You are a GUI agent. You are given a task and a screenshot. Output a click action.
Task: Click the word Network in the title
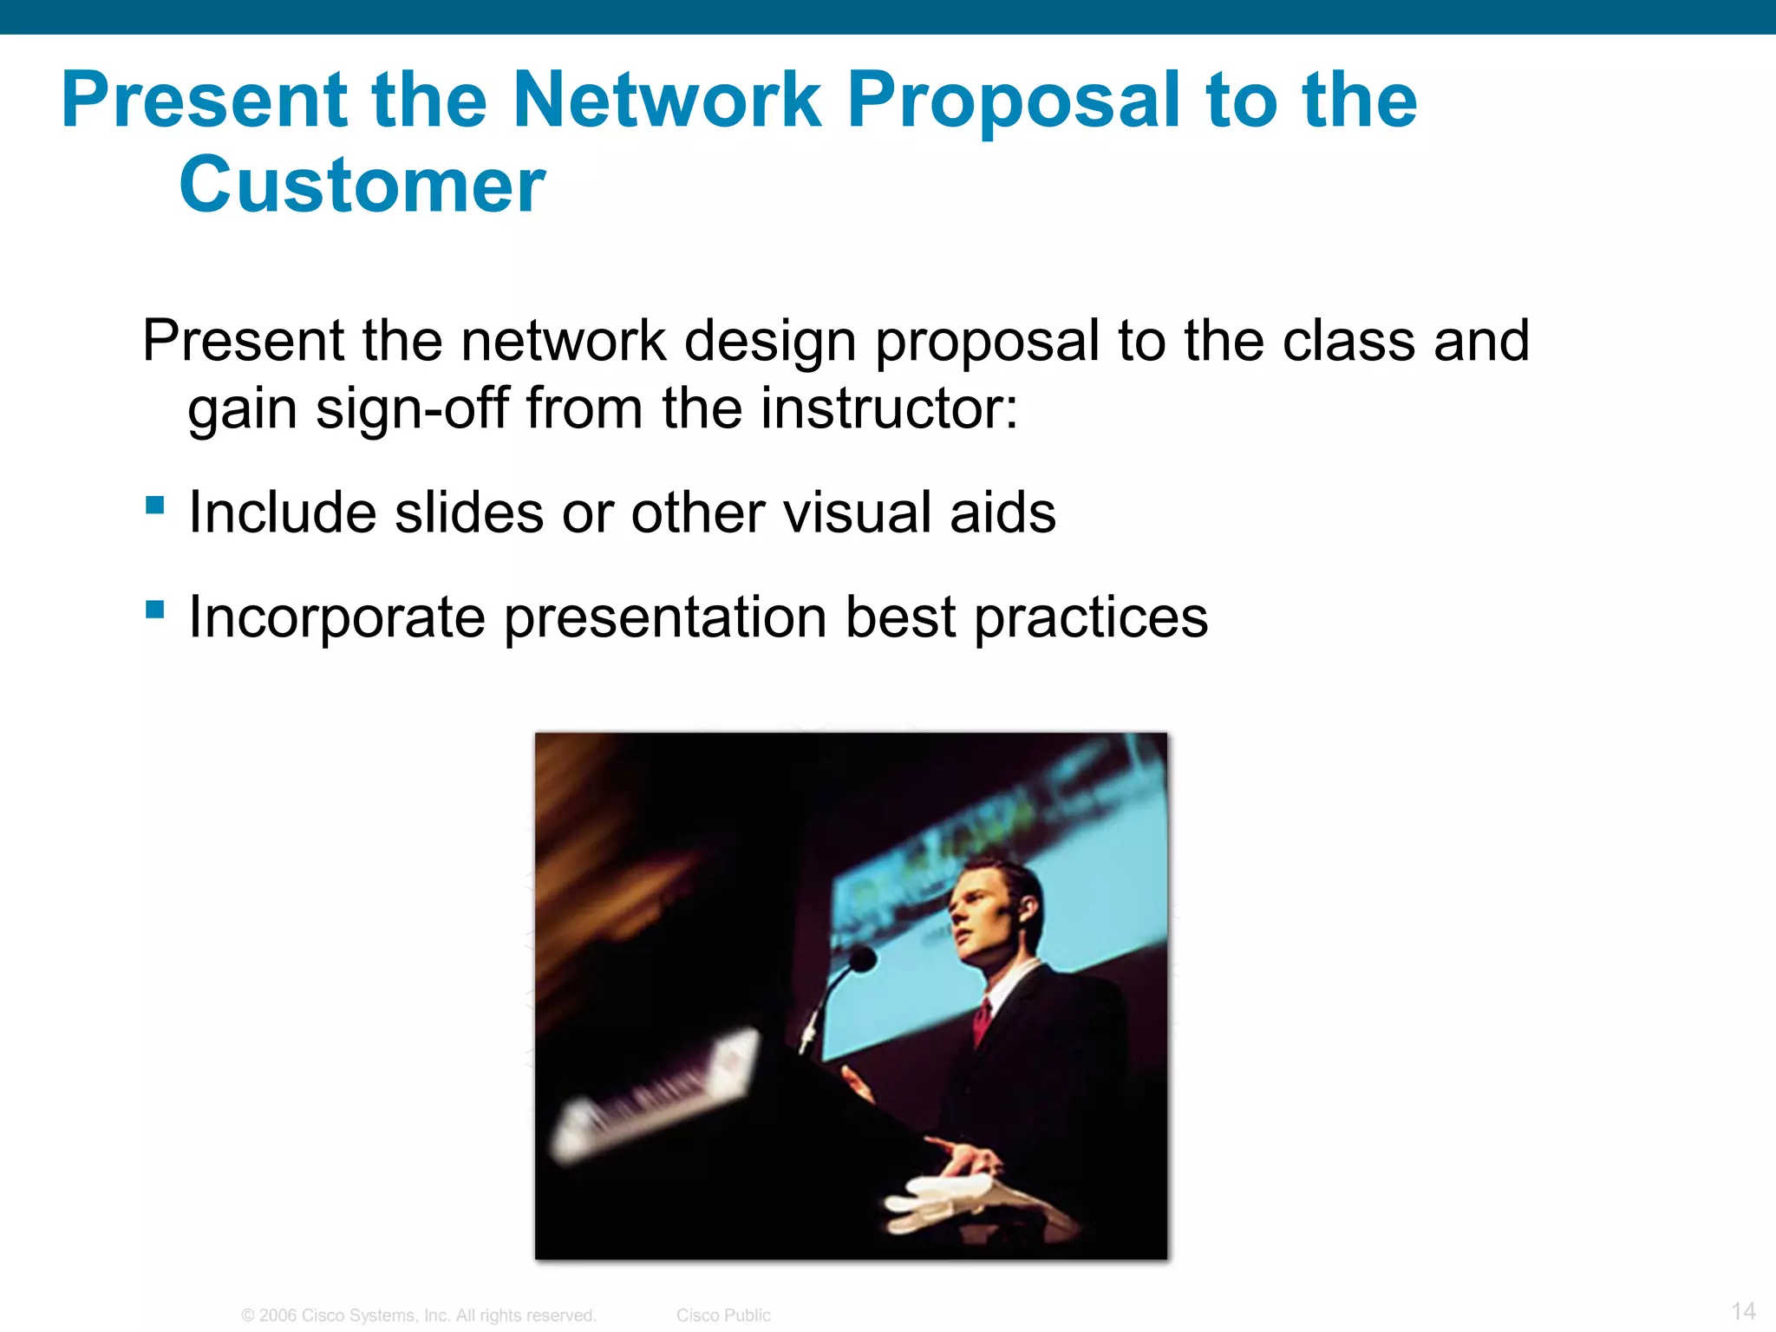pyautogui.click(x=666, y=101)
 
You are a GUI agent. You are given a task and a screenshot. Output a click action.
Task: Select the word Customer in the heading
pyautogui.click(x=362, y=186)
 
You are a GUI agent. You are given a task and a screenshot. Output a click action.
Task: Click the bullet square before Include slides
pyautogui.click(x=155, y=505)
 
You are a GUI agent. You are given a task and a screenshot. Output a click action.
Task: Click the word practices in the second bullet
pyautogui.click(x=1091, y=617)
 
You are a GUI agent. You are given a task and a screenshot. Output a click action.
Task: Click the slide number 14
pyautogui.click(x=1743, y=1310)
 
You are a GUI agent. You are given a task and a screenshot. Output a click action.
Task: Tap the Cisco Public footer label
pyautogui.click(x=723, y=1316)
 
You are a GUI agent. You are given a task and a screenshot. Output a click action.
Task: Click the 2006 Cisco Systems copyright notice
pyautogui.click(x=419, y=1316)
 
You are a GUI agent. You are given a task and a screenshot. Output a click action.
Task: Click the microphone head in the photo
pyautogui.click(x=861, y=959)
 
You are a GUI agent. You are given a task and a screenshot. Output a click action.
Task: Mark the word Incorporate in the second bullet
pyautogui.click(x=336, y=617)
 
